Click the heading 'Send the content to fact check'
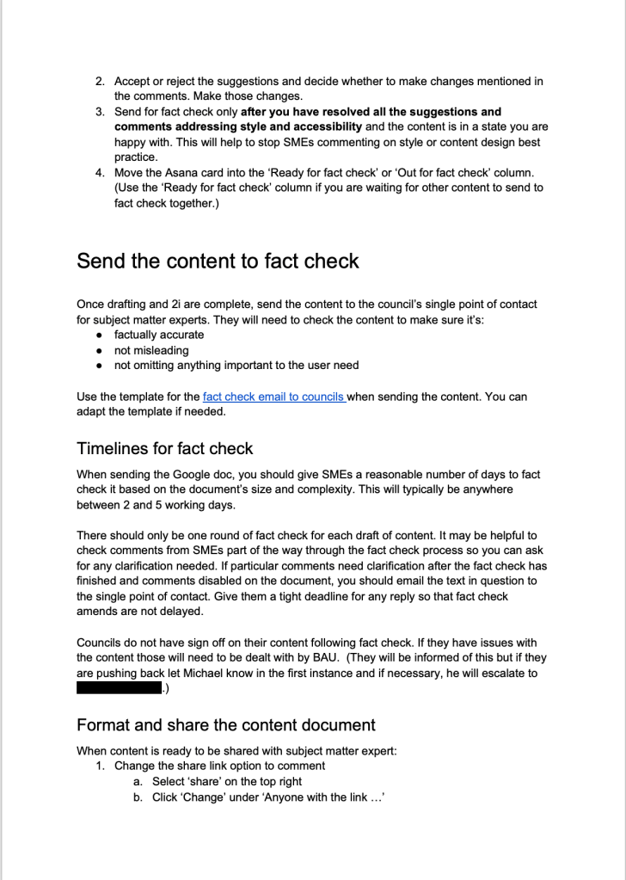[x=218, y=261]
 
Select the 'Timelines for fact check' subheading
[x=164, y=448]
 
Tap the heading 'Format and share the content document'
[x=226, y=724]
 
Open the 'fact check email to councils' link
[x=273, y=397]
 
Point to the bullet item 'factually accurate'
[x=159, y=335]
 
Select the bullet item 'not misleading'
[x=150, y=350]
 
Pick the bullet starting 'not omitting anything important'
[x=236, y=366]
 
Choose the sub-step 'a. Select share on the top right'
[x=227, y=781]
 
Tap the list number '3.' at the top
[x=101, y=112]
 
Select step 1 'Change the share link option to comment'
[x=219, y=766]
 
